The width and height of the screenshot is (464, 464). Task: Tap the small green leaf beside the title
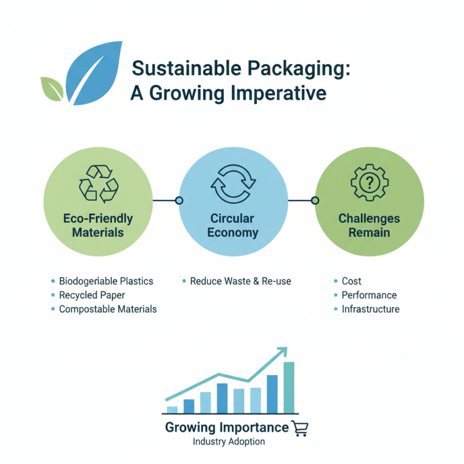51,88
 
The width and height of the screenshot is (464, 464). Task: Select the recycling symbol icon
98,183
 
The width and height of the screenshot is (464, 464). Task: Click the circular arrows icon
233,183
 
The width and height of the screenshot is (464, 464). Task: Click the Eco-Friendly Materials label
98,226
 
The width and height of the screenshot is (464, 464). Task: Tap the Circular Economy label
233,226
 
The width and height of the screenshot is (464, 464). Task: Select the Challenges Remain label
369,226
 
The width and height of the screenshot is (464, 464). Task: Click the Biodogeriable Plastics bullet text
106,281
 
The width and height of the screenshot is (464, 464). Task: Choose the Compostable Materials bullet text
108,309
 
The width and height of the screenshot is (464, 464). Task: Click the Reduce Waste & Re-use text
241,281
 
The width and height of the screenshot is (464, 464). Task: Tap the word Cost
351,281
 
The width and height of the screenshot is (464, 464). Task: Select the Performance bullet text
369,295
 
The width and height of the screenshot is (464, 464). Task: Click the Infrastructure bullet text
371,309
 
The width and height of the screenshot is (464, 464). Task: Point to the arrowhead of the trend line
282,351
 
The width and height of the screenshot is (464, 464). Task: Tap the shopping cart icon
300,429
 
